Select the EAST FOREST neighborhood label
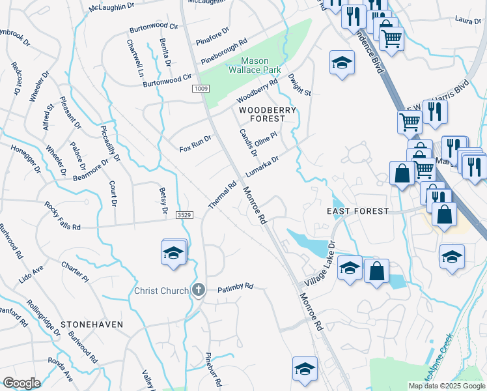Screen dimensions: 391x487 click(357, 211)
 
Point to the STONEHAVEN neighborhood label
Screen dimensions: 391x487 click(92, 323)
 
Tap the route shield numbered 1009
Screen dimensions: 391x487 click(201, 88)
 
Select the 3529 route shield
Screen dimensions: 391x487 click(185, 214)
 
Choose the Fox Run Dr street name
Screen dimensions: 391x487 click(196, 144)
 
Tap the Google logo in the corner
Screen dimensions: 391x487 click(21, 383)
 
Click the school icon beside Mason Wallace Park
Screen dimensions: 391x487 click(341, 63)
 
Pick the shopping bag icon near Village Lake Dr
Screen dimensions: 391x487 click(376, 271)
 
